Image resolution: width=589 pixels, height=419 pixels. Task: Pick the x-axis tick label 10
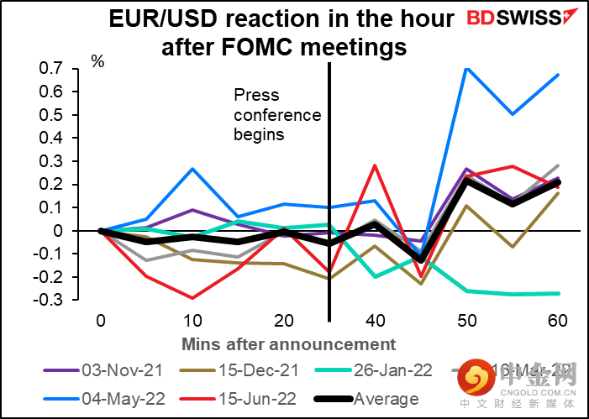[x=192, y=320]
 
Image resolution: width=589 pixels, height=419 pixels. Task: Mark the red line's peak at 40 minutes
[x=375, y=165]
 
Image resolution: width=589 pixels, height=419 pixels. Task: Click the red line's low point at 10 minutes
[x=192, y=297]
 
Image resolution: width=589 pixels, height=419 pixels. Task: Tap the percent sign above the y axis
[x=97, y=60]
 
